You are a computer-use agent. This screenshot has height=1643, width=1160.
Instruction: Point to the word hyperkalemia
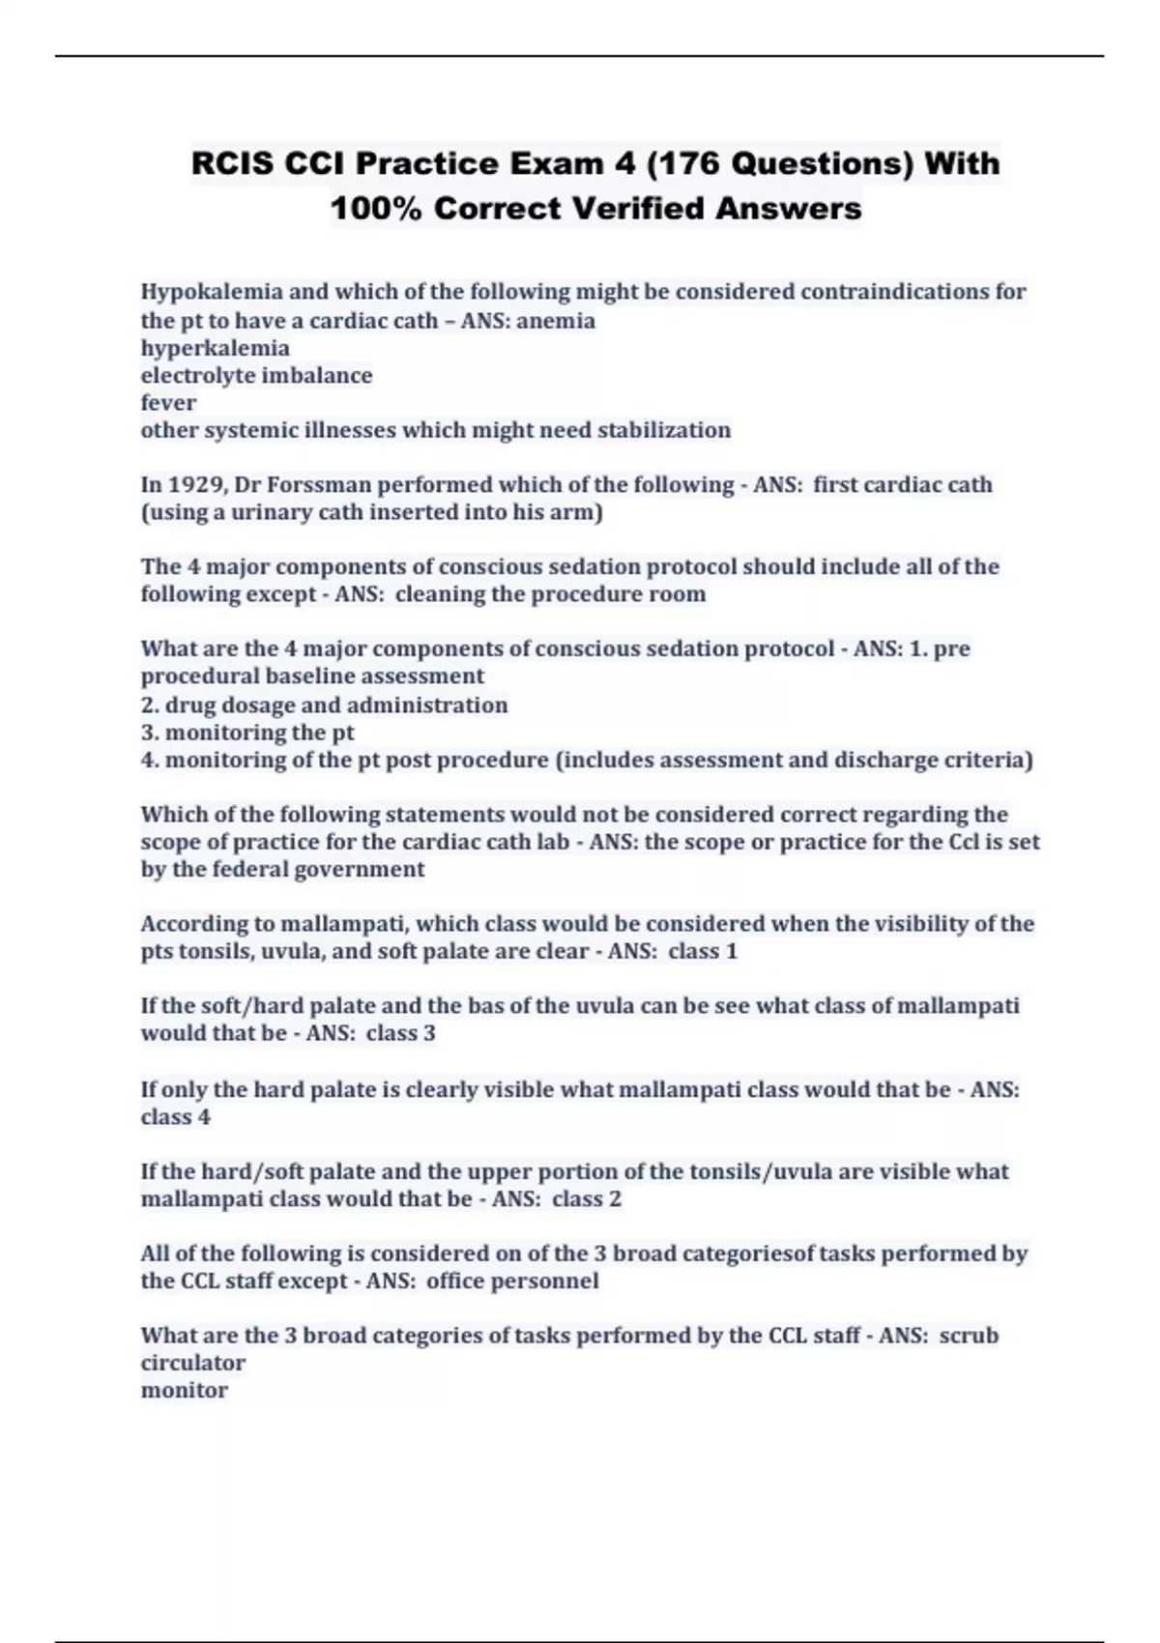(x=215, y=348)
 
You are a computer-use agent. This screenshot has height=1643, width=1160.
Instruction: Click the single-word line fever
(x=168, y=403)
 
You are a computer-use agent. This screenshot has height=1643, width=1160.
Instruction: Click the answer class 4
(x=175, y=1117)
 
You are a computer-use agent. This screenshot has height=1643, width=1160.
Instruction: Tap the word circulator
(x=193, y=1363)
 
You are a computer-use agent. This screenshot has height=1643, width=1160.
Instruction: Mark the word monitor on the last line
(x=185, y=1391)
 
